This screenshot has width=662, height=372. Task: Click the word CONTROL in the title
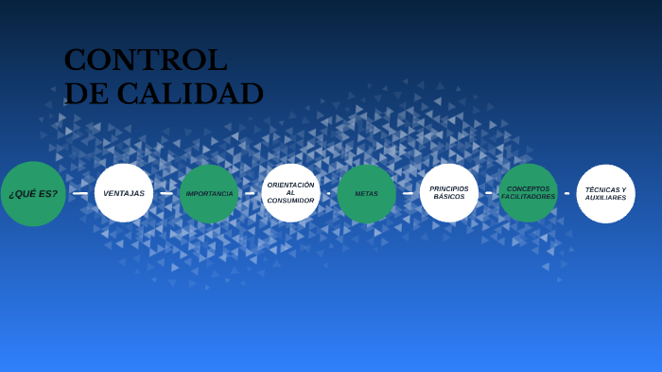pyautogui.click(x=146, y=60)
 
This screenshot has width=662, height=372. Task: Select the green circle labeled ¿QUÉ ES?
pyautogui.click(x=33, y=194)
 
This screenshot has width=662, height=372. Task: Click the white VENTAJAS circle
pyautogui.click(x=124, y=193)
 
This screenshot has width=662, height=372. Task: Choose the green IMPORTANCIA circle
pyautogui.click(x=209, y=193)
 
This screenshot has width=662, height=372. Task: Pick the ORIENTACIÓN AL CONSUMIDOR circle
pyautogui.click(x=290, y=193)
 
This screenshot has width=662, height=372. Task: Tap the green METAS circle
pyautogui.click(x=366, y=193)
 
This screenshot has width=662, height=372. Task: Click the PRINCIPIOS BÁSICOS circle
pyautogui.click(x=449, y=193)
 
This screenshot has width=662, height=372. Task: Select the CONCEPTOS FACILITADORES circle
pyautogui.click(x=528, y=193)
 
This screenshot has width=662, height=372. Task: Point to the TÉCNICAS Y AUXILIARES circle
pyautogui.click(x=605, y=193)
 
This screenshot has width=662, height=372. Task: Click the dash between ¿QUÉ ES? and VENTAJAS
pyautogui.click(x=79, y=193)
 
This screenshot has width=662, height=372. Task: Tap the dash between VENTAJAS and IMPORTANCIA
pyautogui.click(x=166, y=193)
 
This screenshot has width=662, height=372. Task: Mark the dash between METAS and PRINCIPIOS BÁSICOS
pyautogui.click(x=408, y=193)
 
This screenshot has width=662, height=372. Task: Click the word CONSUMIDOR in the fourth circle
pyautogui.click(x=290, y=201)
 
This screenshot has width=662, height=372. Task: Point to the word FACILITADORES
pyautogui.click(x=528, y=197)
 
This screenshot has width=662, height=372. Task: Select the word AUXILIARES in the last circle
pyautogui.click(x=605, y=198)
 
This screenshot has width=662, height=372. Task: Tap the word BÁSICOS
pyautogui.click(x=449, y=197)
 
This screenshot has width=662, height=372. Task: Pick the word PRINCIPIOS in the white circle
pyautogui.click(x=449, y=188)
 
